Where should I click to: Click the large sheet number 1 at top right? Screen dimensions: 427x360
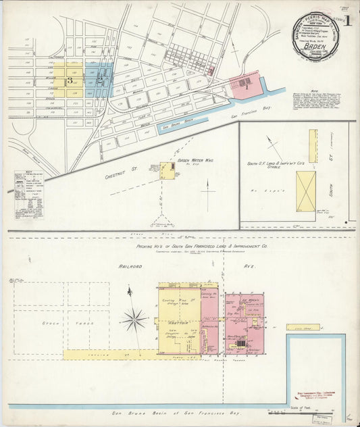click(x=347, y=20)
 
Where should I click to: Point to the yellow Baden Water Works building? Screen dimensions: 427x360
click(x=167, y=170)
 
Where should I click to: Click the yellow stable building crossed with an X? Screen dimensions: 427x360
click(x=306, y=191)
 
